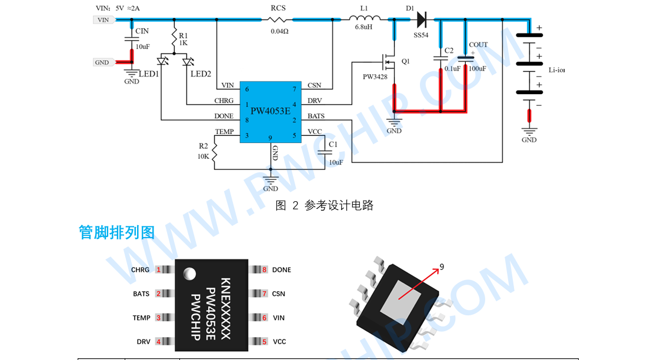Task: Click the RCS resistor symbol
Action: tap(279, 19)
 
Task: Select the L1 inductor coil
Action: tap(368, 18)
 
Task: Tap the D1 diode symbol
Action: tap(421, 19)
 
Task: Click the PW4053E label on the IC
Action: tap(271, 110)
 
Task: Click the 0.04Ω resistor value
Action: tap(279, 31)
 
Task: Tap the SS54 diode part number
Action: tap(421, 35)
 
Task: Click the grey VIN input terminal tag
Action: tap(103, 20)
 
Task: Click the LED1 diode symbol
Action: tap(163, 61)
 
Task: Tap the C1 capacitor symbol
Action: tap(322, 152)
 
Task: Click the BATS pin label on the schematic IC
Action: tap(316, 116)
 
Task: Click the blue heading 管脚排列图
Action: tap(116, 232)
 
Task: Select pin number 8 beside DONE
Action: tap(265, 270)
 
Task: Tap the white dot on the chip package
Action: tap(189, 273)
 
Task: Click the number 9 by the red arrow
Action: tap(442, 267)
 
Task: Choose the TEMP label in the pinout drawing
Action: tap(141, 318)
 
